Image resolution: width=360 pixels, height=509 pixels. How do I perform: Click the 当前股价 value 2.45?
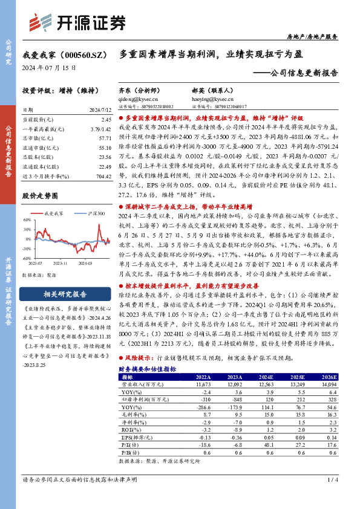106,120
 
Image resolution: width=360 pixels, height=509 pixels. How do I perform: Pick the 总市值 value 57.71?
105,138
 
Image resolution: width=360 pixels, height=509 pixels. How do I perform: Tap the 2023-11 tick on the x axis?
59,264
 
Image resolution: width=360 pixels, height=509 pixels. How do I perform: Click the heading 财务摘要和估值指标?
148,368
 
